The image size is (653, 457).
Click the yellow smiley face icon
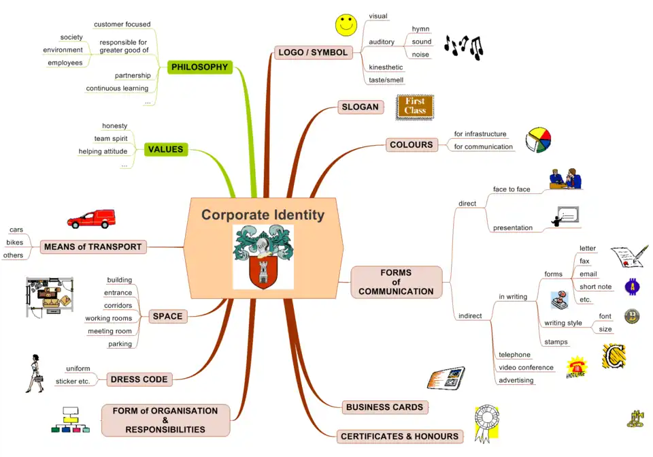(346, 25)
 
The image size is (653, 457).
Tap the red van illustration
(91, 219)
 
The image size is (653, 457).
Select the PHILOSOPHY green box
(199, 67)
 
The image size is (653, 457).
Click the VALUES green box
(166, 149)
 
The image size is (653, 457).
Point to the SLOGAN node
(360, 107)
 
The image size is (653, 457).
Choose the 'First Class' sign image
(415, 106)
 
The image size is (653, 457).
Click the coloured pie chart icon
(538, 139)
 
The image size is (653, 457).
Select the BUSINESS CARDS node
(384, 407)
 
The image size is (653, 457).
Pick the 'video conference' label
(526, 368)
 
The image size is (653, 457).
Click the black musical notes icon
(463, 46)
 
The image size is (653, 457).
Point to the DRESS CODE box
(139, 379)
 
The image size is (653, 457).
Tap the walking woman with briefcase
(35, 373)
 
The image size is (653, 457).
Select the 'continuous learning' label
(117, 88)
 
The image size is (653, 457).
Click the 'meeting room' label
(110, 331)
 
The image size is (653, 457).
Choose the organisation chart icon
(70, 420)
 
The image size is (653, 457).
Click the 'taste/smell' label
(386, 80)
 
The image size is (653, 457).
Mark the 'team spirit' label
(110, 138)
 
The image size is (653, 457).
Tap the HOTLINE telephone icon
(575, 366)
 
